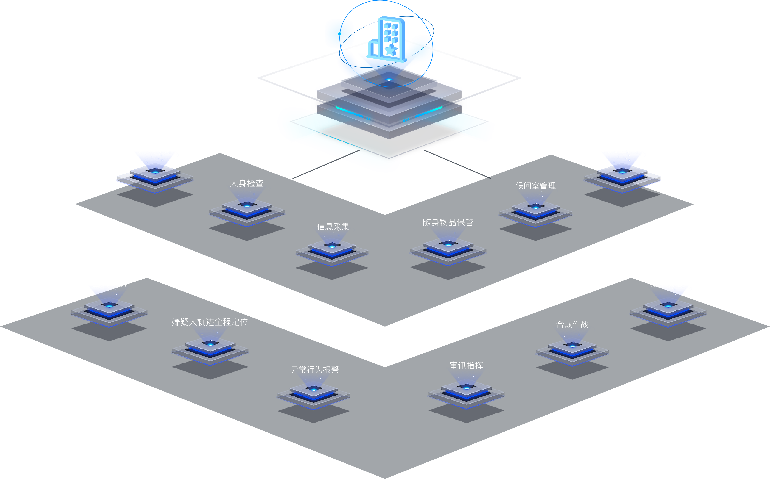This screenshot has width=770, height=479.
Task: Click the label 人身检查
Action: coord(247,184)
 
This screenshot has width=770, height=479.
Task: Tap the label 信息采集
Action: coord(333,227)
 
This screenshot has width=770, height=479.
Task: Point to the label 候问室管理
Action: coord(535,186)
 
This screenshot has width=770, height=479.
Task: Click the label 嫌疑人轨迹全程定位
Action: coord(210,322)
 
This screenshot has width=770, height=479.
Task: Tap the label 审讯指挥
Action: coord(466,365)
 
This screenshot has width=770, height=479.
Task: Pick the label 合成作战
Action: coord(572,324)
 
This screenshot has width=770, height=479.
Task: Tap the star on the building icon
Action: coord(391,50)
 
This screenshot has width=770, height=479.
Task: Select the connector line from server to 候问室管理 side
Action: coord(456,163)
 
